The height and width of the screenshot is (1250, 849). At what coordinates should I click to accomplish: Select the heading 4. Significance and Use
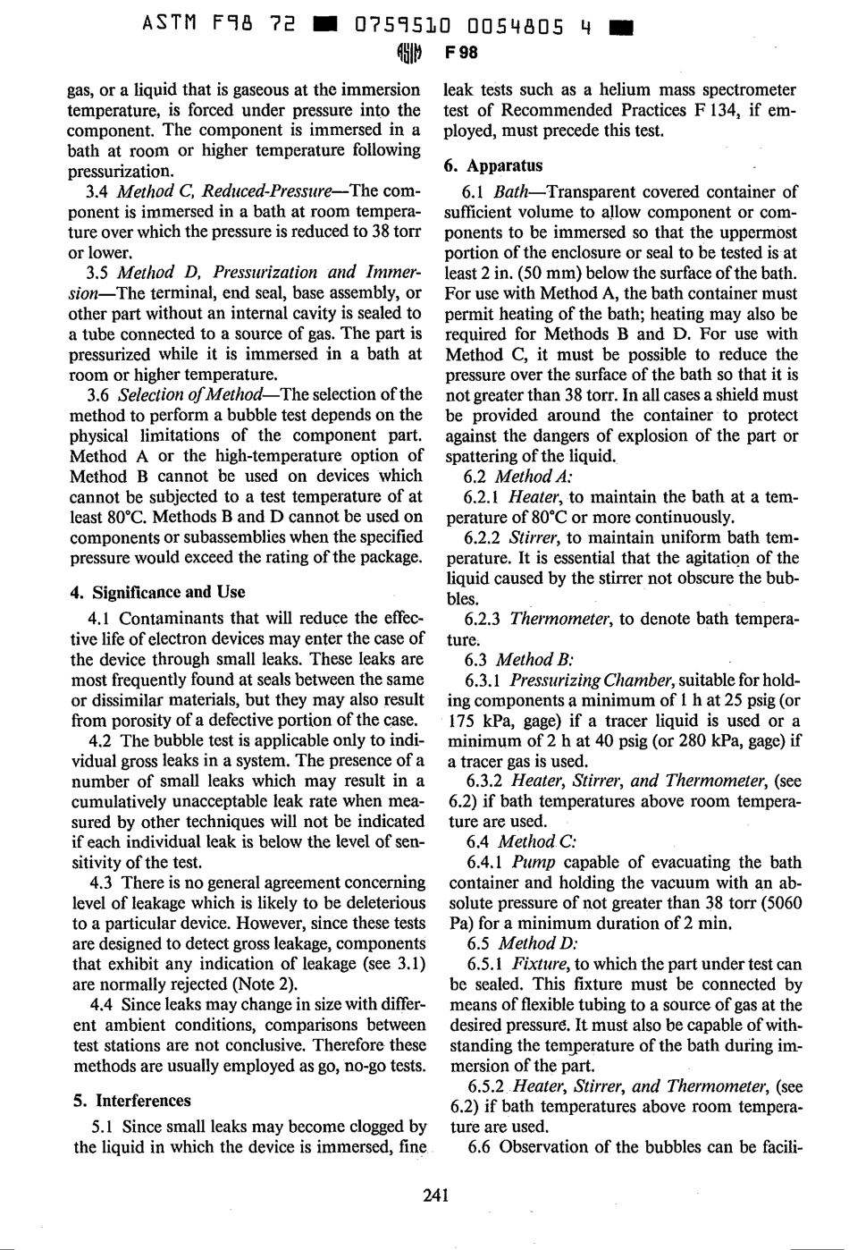[157, 592]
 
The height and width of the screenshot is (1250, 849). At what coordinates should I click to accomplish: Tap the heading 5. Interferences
[132, 1101]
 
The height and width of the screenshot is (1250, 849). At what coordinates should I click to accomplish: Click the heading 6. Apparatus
[493, 165]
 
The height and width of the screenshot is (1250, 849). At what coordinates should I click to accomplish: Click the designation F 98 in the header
[461, 53]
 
